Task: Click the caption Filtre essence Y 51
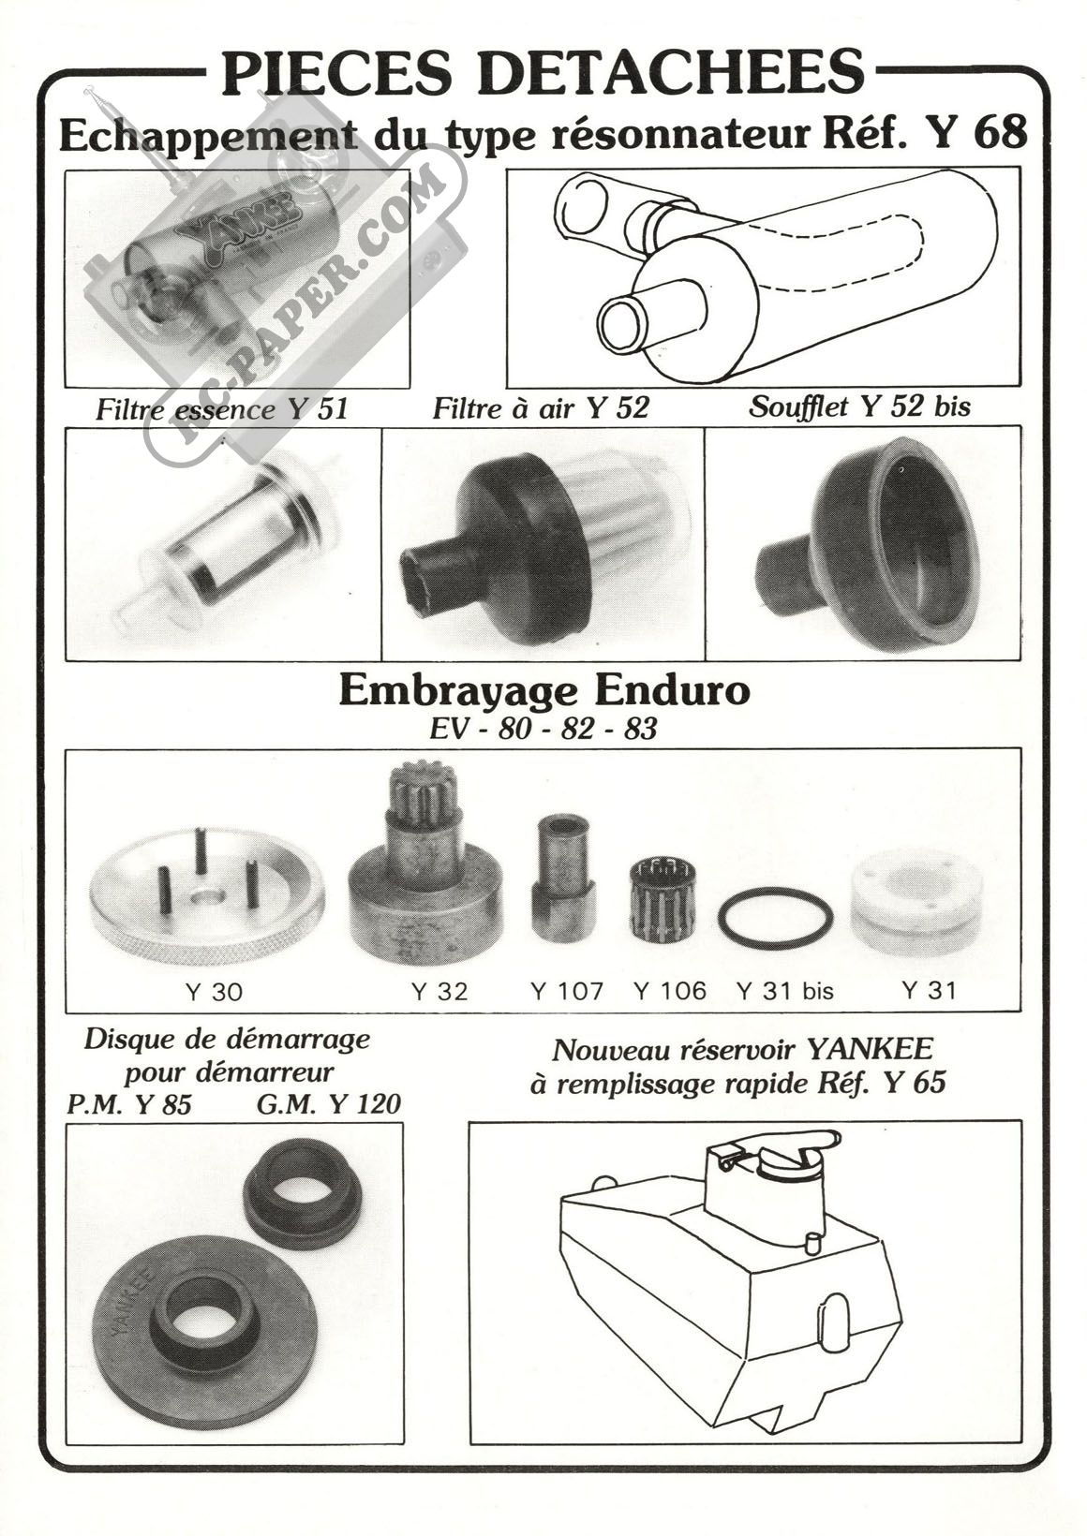(x=222, y=409)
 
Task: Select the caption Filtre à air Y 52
(x=540, y=408)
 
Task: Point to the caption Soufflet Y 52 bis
(x=859, y=406)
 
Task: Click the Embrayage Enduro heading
(x=544, y=693)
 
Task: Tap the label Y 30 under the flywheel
(x=214, y=992)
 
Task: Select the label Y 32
(x=439, y=991)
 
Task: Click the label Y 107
(x=567, y=991)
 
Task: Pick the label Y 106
(x=669, y=991)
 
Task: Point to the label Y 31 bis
(x=785, y=991)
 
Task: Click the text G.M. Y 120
(x=328, y=1104)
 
